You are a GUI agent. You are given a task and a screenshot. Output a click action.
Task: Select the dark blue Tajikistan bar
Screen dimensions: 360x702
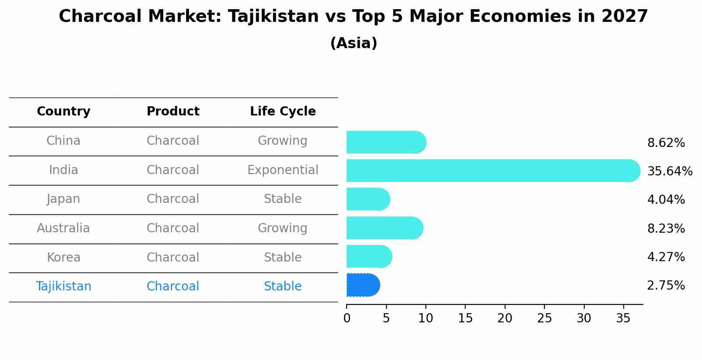[363, 285]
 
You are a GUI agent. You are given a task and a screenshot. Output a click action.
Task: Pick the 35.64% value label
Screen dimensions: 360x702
[670, 171]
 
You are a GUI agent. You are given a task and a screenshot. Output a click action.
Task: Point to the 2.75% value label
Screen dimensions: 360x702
[666, 286]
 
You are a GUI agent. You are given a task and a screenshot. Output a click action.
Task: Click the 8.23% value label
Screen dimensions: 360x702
[666, 228]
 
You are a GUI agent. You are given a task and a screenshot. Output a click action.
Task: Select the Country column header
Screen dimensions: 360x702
[63, 112]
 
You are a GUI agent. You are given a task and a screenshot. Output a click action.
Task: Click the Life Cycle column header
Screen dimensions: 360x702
[283, 112]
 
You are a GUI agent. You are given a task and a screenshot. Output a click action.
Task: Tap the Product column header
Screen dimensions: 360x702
[173, 112]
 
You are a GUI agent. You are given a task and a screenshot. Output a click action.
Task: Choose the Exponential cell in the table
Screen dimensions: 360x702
[283, 170]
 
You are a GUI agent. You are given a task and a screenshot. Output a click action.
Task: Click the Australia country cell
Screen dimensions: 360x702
[63, 228]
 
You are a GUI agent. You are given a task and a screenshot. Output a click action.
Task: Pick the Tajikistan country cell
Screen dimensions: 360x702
[63, 287]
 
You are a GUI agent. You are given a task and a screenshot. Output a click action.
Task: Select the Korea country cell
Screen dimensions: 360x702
[63, 257]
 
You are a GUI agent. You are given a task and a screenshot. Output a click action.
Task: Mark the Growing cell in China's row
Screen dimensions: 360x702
[283, 141]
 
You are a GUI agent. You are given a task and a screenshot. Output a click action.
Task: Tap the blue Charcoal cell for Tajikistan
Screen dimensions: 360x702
[173, 287]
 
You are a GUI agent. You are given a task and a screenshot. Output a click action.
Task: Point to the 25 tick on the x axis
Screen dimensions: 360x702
[544, 318]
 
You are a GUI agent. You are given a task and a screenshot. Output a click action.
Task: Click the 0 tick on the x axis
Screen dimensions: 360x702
[347, 318]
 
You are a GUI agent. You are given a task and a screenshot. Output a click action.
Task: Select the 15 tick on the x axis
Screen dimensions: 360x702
[465, 318]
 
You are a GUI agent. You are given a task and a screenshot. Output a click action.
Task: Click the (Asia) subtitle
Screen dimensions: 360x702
[354, 43]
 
